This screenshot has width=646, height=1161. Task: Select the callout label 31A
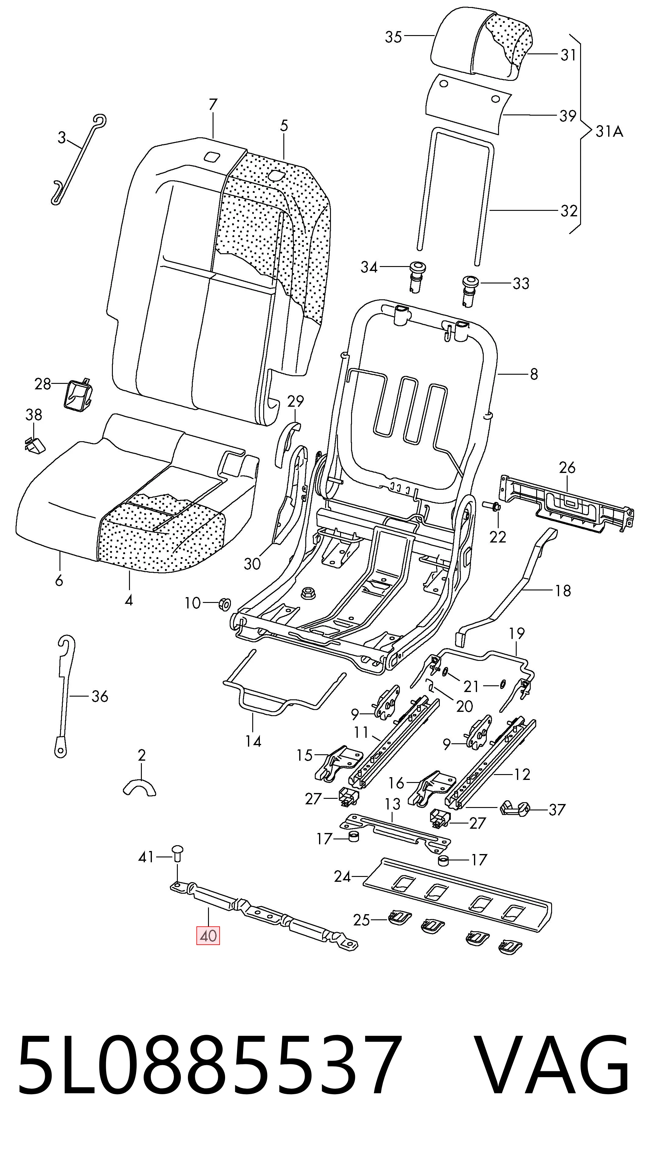[609, 131]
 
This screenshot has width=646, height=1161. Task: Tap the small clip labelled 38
[35, 444]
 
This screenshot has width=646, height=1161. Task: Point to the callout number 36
[99, 696]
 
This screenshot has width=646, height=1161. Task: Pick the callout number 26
[567, 467]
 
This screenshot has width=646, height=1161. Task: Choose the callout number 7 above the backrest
[213, 104]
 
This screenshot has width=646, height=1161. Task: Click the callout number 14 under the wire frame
[253, 741]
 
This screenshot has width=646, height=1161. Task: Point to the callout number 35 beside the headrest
[393, 37]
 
